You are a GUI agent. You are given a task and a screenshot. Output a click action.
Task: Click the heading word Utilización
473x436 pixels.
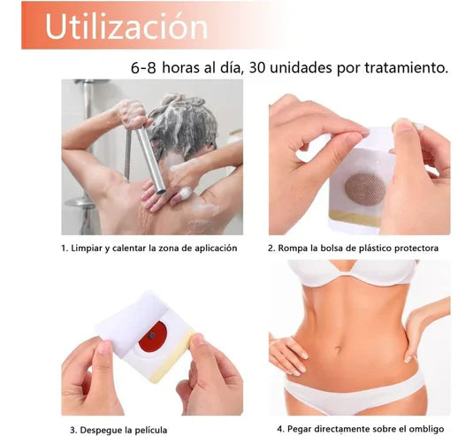(x=126, y=26)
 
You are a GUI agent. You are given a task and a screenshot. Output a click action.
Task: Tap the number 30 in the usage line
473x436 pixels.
(x=257, y=67)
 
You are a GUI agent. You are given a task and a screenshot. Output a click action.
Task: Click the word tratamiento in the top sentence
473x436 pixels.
(x=406, y=67)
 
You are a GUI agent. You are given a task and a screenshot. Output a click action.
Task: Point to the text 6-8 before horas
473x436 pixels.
(x=143, y=68)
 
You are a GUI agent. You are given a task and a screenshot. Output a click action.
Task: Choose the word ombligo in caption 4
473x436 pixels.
(x=428, y=429)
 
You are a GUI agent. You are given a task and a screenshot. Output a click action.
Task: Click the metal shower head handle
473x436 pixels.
(x=151, y=157)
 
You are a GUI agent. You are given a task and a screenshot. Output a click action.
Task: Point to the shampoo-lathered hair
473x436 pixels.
(x=182, y=126)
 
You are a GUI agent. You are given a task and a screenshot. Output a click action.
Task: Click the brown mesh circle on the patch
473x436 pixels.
(x=365, y=189)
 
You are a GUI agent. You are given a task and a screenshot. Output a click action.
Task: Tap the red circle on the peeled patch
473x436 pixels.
(x=153, y=337)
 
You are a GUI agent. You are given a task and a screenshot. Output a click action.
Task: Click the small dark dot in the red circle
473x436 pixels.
(x=152, y=335)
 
